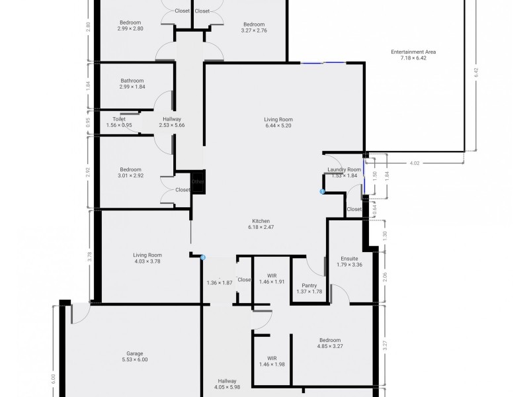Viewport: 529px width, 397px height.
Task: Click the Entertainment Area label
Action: click(x=413, y=52)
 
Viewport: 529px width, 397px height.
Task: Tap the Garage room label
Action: click(x=135, y=353)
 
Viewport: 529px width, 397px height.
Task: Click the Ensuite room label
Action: click(x=349, y=258)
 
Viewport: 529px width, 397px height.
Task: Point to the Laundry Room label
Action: click(x=345, y=170)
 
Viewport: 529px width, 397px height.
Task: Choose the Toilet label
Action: click(x=119, y=119)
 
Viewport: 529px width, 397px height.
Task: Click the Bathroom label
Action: click(x=132, y=81)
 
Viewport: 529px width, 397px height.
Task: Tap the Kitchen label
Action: click(x=261, y=221)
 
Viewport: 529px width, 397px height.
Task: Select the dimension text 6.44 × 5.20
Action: click(x=278, y=126)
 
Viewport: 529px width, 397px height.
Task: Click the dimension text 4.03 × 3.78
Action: click(x=147, y=261)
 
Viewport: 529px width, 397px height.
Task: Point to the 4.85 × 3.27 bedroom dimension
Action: click(x=329, y=346)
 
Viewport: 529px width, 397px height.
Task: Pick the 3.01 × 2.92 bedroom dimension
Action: click(x=130, y=177)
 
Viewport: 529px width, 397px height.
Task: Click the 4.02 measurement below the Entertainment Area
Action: click(x=415, y=162)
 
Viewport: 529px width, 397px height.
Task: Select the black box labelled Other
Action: click(x=198, y=182)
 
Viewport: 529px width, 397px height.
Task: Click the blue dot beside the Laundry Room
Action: click(x=323, y=192)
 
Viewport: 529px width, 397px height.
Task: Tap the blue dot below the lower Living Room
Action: click(x=203, y=257)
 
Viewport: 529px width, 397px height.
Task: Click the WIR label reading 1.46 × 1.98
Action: click(x=272, y=364)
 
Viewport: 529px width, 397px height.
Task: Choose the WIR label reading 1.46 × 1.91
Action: click(x=272, y=282)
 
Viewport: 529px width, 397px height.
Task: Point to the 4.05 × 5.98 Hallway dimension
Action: click(x=227, y=387)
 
